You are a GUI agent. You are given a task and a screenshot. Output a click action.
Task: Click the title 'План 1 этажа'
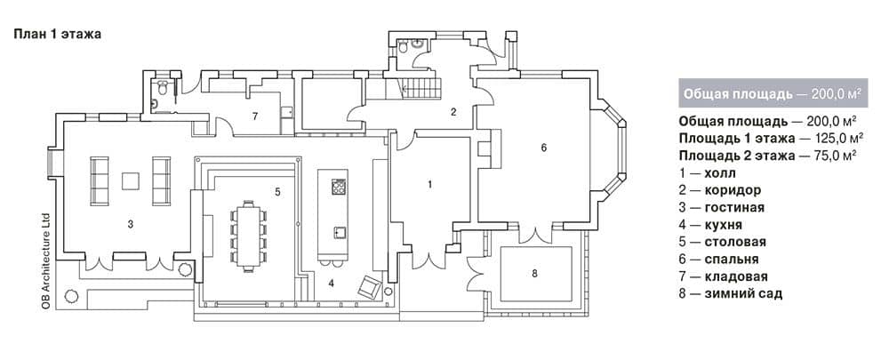[57, 35]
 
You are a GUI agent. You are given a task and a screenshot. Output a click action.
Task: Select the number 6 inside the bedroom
[543, 148]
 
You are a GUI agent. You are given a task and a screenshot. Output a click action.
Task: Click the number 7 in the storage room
[255, 116]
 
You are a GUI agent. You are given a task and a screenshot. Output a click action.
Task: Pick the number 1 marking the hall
[429, 184]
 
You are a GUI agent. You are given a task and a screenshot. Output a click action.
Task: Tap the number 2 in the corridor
[453, 112]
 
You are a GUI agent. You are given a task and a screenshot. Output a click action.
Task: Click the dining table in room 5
[248, 236]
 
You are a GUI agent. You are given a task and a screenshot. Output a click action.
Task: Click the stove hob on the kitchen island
[339, 187]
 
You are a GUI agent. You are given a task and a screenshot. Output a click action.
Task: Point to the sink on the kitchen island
[339, 232]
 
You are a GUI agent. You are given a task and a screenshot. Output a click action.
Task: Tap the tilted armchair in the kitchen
[370, 286]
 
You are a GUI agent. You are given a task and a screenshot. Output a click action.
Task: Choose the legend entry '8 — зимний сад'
[730, 294]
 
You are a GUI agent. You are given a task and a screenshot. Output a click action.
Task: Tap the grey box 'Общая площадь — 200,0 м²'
[773, 93]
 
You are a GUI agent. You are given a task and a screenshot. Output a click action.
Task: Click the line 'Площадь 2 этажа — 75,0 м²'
[767, 156]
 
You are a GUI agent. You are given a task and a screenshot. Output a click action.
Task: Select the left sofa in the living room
[100, 180]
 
